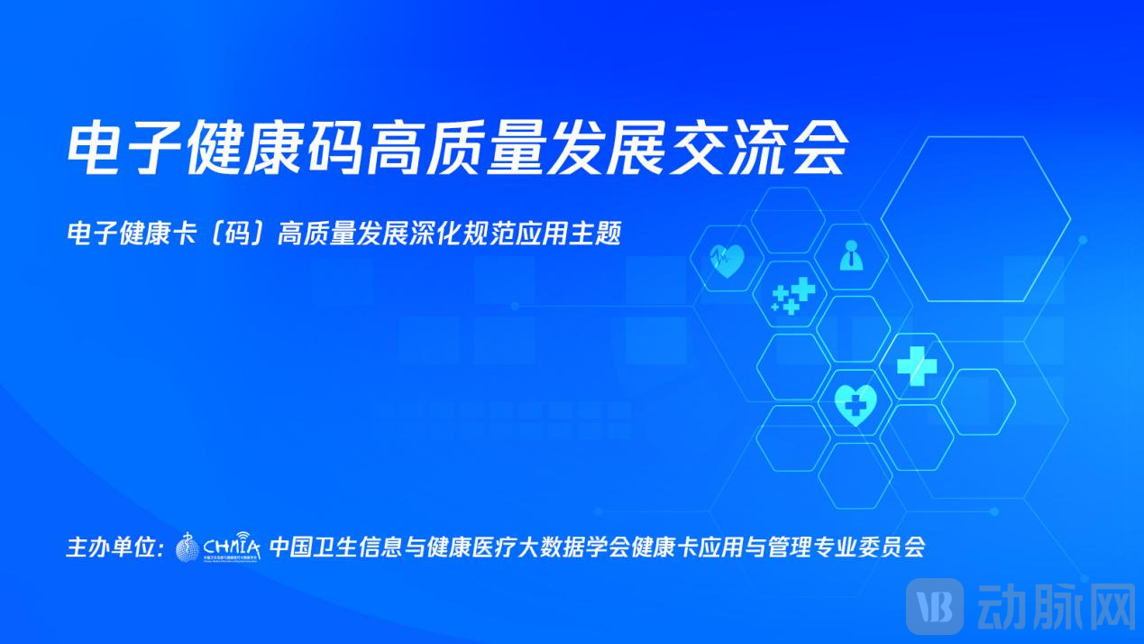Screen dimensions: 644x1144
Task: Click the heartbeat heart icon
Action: click(727, 260)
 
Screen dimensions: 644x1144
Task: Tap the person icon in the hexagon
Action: click(850, 256)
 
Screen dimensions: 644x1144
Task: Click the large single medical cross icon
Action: click(916, 365)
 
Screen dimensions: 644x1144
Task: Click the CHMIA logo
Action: click(217, 546)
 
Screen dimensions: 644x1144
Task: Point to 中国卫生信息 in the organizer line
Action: click(323, 547)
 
